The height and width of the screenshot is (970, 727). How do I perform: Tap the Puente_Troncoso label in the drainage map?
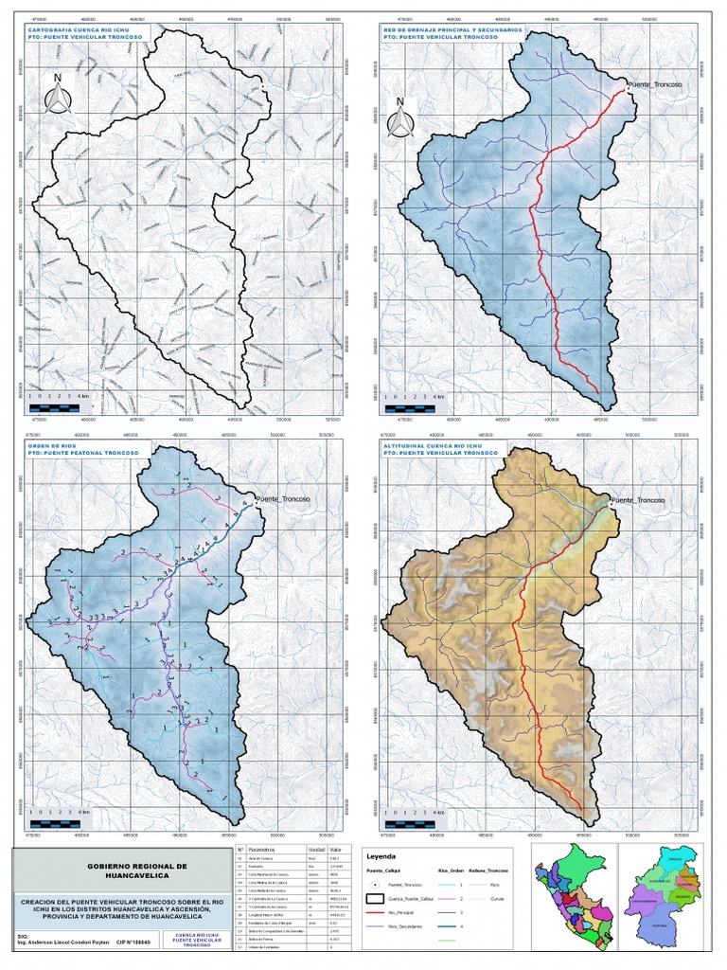(657, 85)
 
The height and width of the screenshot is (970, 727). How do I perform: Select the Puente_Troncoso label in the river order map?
(284, 498)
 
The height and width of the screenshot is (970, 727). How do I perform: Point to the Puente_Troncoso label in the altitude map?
(639, 499)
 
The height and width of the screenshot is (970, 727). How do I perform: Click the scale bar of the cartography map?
(59, 403)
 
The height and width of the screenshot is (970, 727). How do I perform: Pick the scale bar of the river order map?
(59, 820)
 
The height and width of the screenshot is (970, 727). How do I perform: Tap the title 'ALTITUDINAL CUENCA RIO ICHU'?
(428, 443)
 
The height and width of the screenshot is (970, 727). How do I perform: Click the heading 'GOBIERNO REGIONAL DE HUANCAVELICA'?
(137, 870)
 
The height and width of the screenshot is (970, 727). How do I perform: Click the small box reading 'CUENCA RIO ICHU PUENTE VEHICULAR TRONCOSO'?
(197, 939)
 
